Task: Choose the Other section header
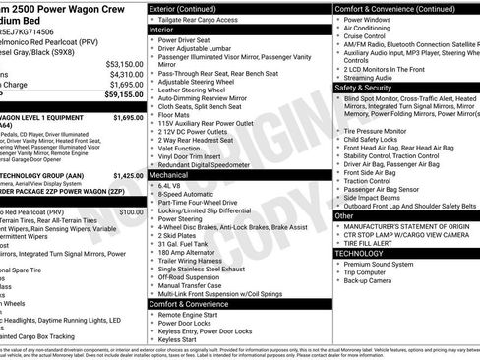click(x=344, y=215)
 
